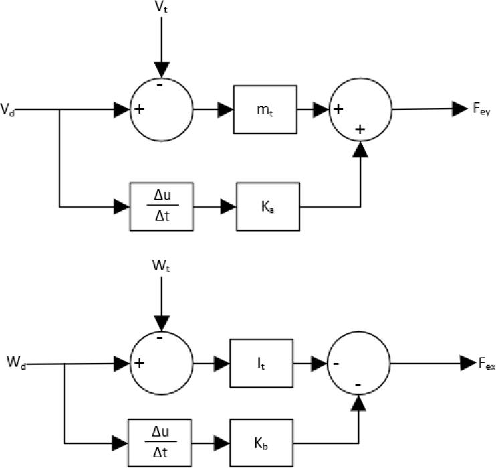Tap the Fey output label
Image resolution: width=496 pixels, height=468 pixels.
479,109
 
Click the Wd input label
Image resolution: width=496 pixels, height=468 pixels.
16,363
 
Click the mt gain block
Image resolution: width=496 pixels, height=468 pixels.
265,109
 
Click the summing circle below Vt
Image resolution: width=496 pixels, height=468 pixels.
160,109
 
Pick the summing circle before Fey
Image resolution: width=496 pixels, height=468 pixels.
362,109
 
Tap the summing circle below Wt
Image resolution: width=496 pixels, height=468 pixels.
160,363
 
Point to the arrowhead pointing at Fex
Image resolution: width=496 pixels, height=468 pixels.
467,363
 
